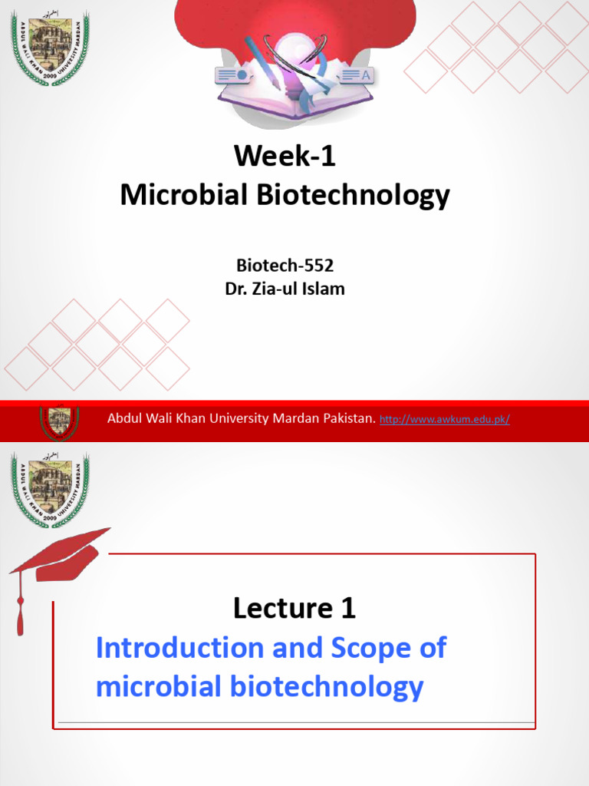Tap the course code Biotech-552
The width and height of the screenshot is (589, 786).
pyautogui.click(x=285, y=266)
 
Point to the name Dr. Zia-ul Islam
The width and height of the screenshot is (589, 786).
pyautogui.click(x=285, y=290)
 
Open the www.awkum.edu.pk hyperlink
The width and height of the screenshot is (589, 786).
pyautogui.click(x=445, y=419)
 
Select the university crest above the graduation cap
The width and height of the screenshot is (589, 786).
pyautogui.click(x=50, y=490)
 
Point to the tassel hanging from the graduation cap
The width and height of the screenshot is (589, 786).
pyautogui.click(x=20, y=606)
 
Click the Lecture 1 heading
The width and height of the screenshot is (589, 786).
pyautogui.click(x=294, y=609)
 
